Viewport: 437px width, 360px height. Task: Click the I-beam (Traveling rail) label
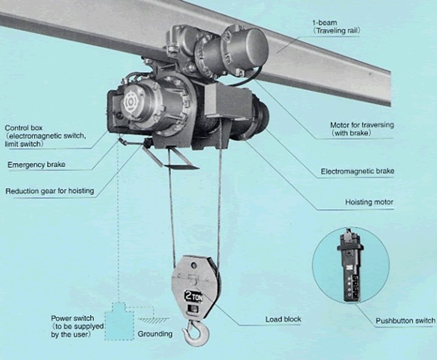tap(336, 27)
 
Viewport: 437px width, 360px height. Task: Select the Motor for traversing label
tap(362, 129)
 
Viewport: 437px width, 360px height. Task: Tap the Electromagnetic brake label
tap(358, 171)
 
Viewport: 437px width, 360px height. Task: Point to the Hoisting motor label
tap(369, 202)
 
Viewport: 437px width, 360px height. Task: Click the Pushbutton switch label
tap(405, 321)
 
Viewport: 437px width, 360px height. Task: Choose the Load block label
tap(283, 319)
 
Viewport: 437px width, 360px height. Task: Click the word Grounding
tap(155, 334)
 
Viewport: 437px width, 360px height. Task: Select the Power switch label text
tap(77, 326)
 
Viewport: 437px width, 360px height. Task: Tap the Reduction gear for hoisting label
tap(49, 191)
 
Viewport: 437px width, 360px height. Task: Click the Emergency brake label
tap(36, 165)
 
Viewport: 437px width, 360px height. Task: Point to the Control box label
tap(45, 136)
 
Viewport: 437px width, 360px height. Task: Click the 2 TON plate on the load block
tap(194, 297)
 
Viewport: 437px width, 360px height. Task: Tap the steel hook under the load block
tap(195, 332)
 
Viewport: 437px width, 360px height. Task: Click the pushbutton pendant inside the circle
tap(350, 266)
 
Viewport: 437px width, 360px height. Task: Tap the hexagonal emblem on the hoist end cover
tap(130, 103)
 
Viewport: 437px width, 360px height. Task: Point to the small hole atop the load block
tap(194, 264)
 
